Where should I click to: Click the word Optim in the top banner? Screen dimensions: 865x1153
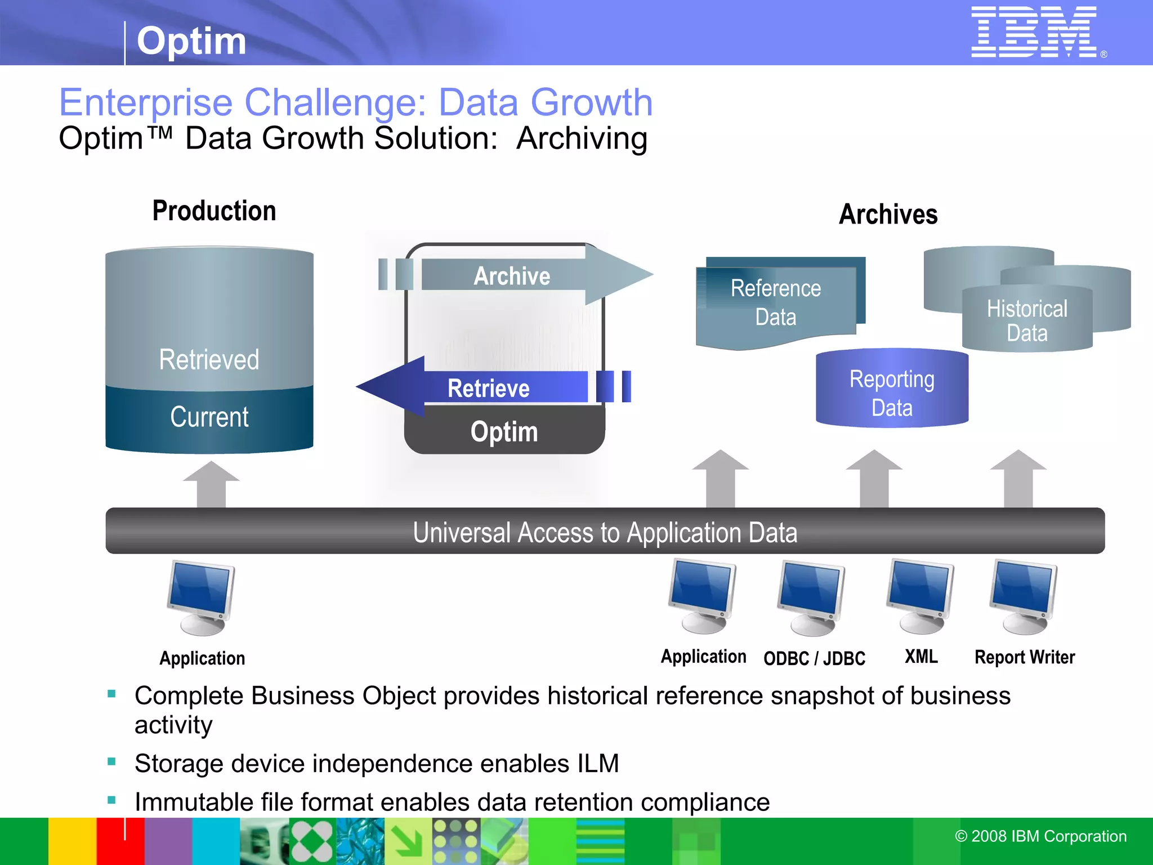point(191,41)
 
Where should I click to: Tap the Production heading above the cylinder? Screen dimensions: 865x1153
point(214,211)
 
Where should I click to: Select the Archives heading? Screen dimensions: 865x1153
point(888,215)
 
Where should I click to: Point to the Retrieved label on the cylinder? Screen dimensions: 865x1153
point(209,360)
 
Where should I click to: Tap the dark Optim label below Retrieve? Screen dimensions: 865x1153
point(504,432)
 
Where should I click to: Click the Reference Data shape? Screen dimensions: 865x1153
point(775,303)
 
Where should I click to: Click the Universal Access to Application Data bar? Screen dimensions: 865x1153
point(605,532)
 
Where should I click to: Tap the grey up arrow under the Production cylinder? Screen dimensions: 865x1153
point(211,484)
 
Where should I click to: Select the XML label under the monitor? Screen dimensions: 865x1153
point(921,657)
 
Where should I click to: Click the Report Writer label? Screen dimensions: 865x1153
point(1024,657)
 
